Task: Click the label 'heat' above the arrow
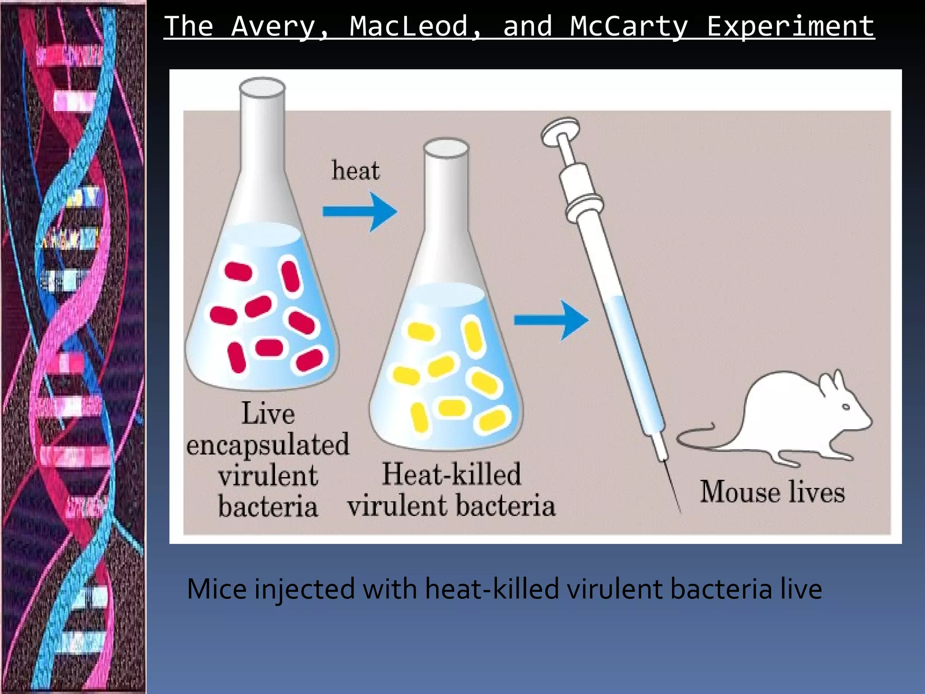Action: point(355,171)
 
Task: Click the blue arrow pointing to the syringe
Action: point(551,320)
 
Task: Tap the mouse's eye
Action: point(846,407)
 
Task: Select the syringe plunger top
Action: point(560,129)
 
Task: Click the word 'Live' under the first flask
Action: point(268,413)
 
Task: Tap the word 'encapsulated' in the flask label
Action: point(268,445)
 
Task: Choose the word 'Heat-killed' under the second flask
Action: point(452,474)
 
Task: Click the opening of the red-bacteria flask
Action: point(262,86)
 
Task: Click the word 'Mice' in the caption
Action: point(216,589)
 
